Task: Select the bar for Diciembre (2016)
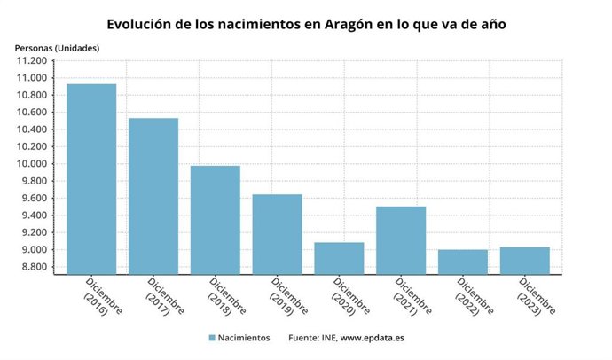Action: click(x=91, y=179)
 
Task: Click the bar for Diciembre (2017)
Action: click(x=153, y=196)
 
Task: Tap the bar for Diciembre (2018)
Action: click(x=216, y=220)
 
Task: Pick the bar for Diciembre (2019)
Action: click(x=277, y=234)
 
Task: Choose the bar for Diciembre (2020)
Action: click(x=339, y=258)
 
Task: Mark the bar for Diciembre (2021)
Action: click(x=401, y=240)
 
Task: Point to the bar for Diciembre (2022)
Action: click(x=463, y=262)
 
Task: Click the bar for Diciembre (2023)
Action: click(x=524, y=261)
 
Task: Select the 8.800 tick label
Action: click(x=31, y=268)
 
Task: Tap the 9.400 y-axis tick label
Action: click(x=31, y=215)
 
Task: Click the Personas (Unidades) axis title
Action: click(x=57, y=46)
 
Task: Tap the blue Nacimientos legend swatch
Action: click(x=212, y=338)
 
